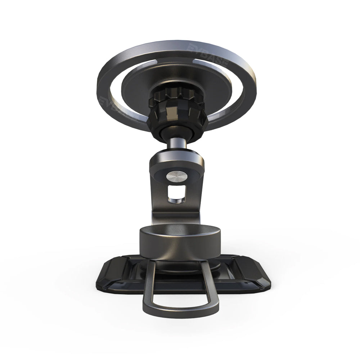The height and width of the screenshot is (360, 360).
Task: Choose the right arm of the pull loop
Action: pyautogui.click(x=212, y=284)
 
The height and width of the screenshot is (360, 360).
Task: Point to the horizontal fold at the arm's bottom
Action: pyautogui.click(x=176, y=218)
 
